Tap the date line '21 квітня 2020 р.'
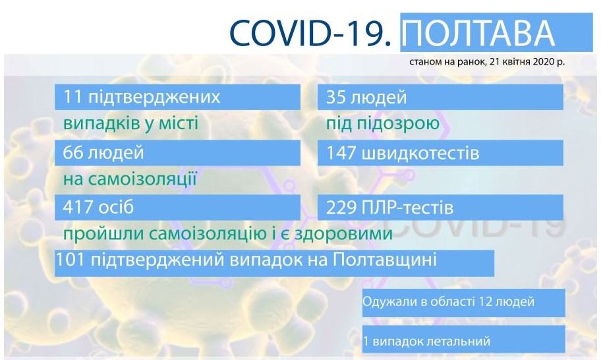[x=527, y=61]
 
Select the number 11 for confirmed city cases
[x=72, y=98]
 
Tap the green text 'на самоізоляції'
[x=130, y=179]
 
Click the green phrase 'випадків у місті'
[x=130, y=124]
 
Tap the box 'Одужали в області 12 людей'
[x=463, y=303]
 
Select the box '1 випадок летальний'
[x=463, y=340]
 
